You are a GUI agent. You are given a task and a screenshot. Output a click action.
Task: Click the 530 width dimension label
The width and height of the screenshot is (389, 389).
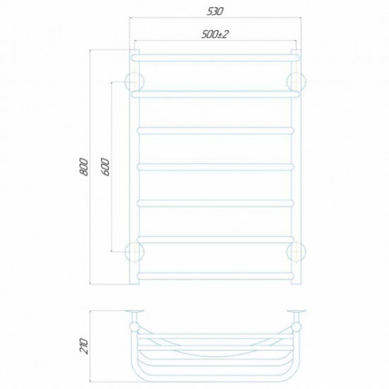215,12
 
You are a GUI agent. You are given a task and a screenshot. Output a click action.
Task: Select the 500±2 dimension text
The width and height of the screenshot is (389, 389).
215,34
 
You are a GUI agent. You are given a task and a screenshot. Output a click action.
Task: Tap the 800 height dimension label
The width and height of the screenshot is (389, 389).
84,167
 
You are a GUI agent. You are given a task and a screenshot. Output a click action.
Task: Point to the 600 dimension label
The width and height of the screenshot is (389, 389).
105,167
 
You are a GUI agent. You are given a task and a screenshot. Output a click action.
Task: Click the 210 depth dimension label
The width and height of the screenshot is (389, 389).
84,346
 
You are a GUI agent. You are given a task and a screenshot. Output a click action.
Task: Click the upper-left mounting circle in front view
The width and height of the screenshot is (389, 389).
135,82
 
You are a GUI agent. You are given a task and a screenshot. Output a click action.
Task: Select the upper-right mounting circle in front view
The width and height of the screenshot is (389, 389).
296,82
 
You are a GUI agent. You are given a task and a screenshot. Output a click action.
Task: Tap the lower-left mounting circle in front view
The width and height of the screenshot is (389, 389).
135,252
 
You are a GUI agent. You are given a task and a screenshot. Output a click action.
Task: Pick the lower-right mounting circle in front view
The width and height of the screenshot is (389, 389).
296,252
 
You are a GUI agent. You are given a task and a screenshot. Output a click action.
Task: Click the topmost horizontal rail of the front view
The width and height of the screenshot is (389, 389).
215,58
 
